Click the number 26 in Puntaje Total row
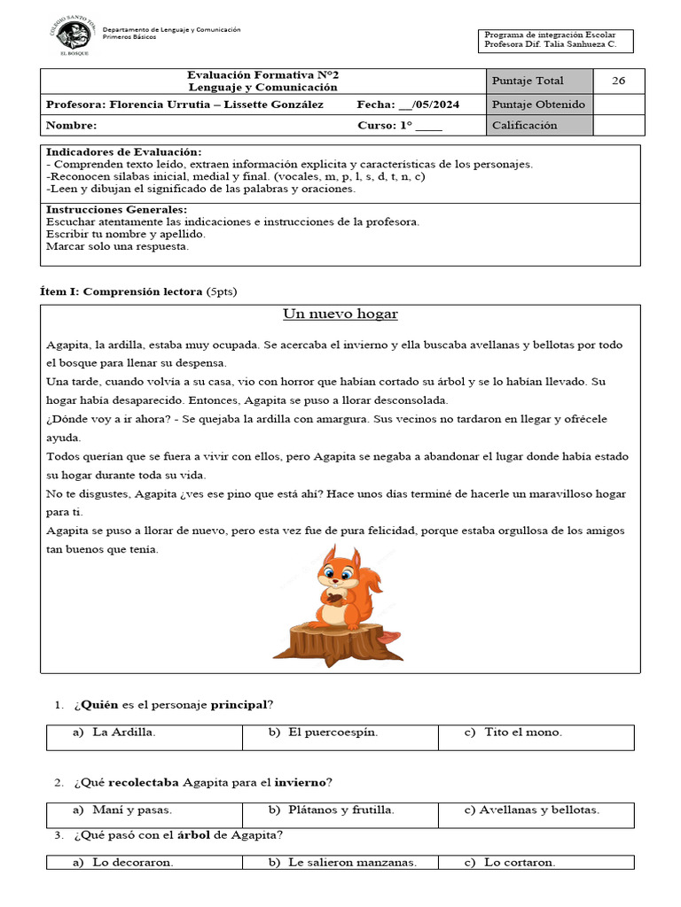pos(618,81)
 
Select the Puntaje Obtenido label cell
pos(538,105)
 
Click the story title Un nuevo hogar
pos(340,314)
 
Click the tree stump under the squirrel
pos(338,642)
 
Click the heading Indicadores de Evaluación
pos(123,152)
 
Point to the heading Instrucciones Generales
pos(116,210)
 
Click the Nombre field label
pos(71,126)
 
